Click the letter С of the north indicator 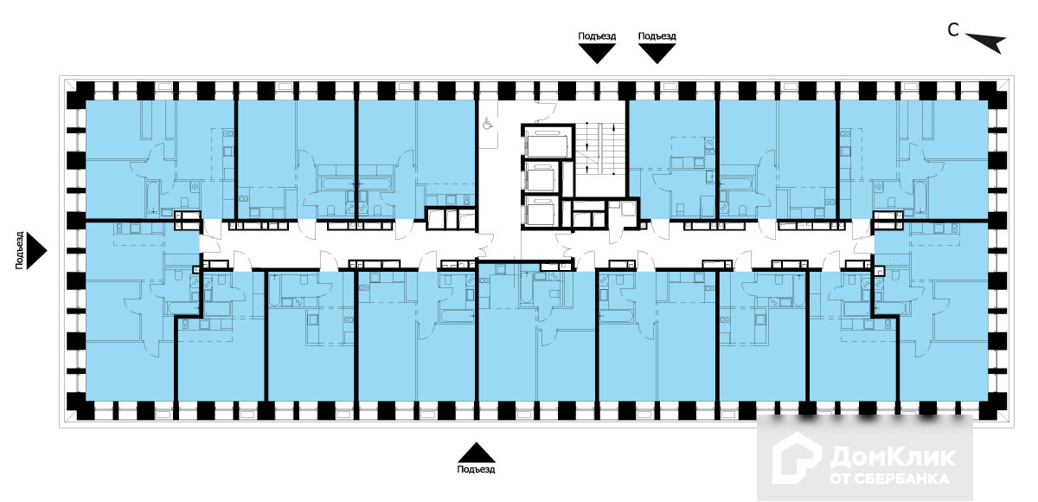click(x=952, y=30)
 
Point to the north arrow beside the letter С click(x=986, y=42)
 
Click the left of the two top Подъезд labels click(x=597, y=36)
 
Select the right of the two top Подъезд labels click(x=657, y=36)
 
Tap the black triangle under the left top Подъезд click(x=597, y=54)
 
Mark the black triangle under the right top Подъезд click(x=657, y=54)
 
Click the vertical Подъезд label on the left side click(x=19, y=251)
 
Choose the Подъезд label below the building click(x=477, y=469)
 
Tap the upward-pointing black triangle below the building click(x=477, y=452)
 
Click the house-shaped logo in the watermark click(x=797, y=458)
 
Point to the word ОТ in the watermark click(x=842, y=478)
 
